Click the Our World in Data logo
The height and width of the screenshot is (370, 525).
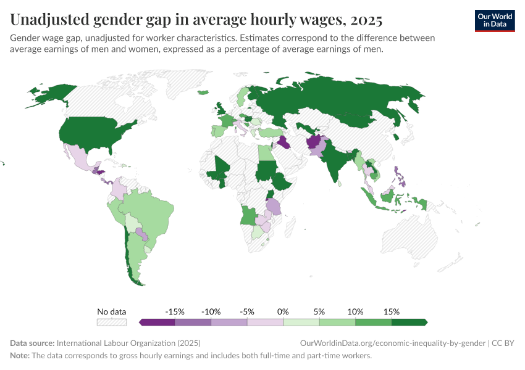[494, 20]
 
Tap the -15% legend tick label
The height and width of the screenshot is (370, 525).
[175, 311]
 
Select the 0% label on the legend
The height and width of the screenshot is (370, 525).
[283, 311]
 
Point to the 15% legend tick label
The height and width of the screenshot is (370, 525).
[391, 311]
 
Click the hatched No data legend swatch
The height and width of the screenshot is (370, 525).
[112, 322]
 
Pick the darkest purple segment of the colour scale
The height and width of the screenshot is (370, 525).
[157, 322]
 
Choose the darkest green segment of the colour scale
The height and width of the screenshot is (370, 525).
[409, 322]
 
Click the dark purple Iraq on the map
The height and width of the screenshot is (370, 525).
[284, 142]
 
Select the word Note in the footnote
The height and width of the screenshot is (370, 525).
[19, 356]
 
